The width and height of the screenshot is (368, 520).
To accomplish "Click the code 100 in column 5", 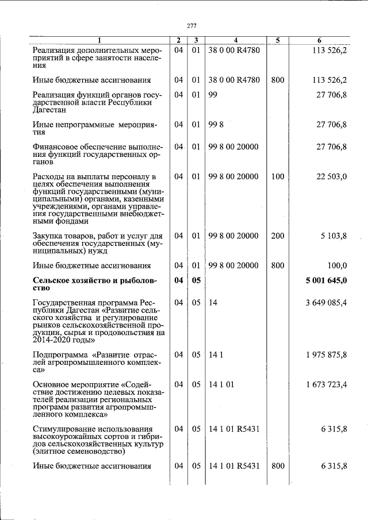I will click(x=277, y=176).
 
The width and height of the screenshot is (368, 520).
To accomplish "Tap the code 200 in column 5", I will click(x=277, y=236).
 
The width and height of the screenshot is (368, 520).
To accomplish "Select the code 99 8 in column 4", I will click(x=216, y=124).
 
